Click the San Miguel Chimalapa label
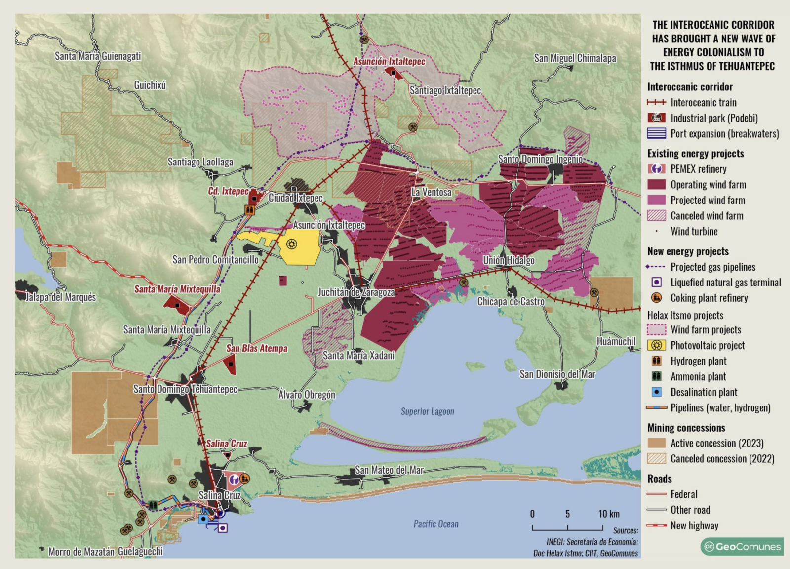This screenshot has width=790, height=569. click(575, 58)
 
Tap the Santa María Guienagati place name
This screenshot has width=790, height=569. click(98, 56)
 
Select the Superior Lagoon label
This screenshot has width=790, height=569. click(427, 411)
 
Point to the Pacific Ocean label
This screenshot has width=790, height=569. click(436, 524)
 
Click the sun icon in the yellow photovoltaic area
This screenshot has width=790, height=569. click(292, 244)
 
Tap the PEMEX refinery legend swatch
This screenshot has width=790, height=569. click(656, 169)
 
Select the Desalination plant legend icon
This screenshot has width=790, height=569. click(656, 392)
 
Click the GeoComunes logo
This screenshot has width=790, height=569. click(742, 546)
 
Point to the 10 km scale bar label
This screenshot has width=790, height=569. click(609, 514)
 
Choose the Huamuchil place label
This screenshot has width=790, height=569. click(616, 341)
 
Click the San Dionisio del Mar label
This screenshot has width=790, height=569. click(557, 374)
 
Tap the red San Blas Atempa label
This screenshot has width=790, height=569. click(257, 348)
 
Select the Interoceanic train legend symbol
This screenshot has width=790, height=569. click(656, 103)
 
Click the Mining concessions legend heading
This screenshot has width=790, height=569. click(686, 428)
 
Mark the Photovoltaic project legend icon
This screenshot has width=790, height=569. click(656, 345)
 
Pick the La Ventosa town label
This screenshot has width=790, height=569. click(431, 192)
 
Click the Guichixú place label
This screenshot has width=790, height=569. click(150, 85)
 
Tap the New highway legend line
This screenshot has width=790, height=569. click(656, 526)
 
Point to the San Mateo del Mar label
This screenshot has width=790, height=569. click(389, 470)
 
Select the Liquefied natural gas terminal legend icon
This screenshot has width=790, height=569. click(656, 283)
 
